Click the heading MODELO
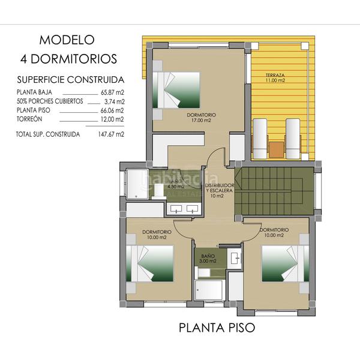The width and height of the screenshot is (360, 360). click(67, 40)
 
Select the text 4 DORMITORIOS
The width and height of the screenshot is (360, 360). click(67, 59)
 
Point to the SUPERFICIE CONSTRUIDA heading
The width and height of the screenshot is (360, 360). click(71, 79)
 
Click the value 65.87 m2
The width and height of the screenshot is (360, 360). click(111, 92)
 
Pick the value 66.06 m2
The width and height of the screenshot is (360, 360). click(111, 110)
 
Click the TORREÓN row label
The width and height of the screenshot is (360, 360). click(30, 119)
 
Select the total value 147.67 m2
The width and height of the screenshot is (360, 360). click(110, 134)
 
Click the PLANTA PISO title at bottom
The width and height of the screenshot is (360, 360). click(217, 328)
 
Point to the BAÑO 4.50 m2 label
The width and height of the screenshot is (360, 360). click(175, 184)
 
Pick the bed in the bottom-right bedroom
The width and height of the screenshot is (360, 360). click(286, 264)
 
